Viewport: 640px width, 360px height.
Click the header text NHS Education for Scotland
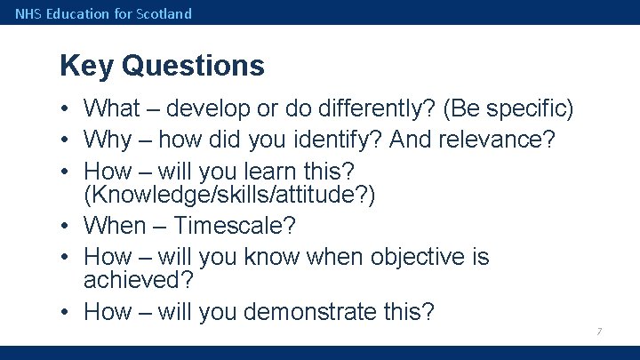pos(103,13)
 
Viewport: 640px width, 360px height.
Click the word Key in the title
pos(86,66)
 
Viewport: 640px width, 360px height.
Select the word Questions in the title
pos(193,66)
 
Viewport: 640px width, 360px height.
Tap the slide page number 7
pos(599,332)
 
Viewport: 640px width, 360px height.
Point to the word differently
pos(377,109)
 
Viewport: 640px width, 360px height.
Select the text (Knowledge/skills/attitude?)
pos(229,195)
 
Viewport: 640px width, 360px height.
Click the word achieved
pos(138,280)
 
